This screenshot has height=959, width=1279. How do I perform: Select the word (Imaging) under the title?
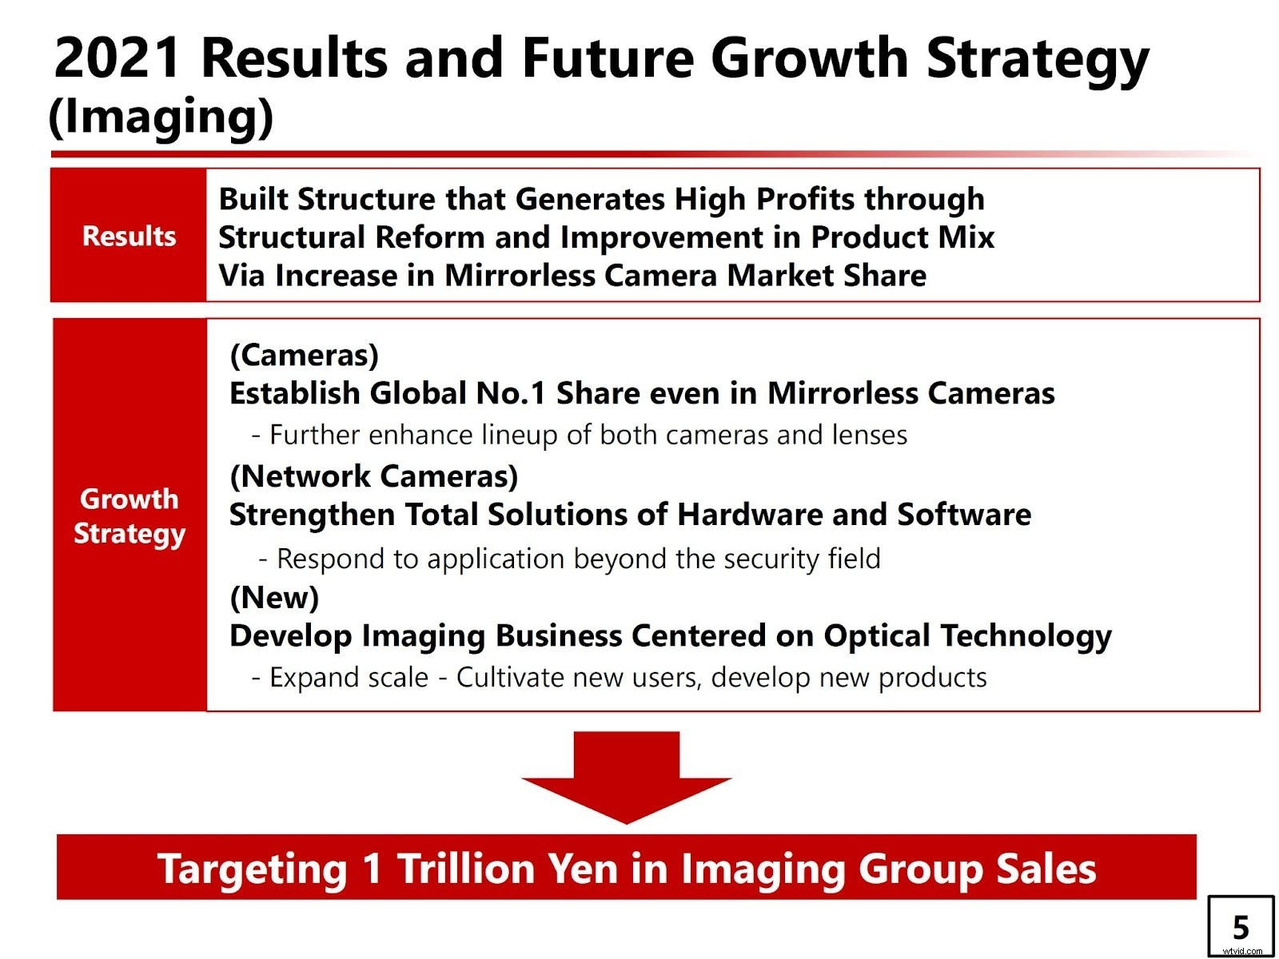[x=161, y=117]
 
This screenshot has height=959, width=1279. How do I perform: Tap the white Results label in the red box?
[x=129, y=237]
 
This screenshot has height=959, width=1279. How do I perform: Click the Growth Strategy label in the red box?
[x=129, y=515]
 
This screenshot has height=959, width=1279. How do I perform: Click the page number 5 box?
[x=1240, y=927]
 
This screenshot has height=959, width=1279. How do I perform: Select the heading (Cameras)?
[x=304, y=355]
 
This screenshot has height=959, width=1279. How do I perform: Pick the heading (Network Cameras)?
[x=373, y=476]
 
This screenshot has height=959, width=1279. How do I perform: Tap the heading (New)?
[x=274, y=597]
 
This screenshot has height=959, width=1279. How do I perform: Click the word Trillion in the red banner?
[x=466, y=869]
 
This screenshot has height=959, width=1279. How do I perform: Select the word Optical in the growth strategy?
[x=877, y=636]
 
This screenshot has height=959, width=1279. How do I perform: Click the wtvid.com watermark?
[x=1242, y=951]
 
